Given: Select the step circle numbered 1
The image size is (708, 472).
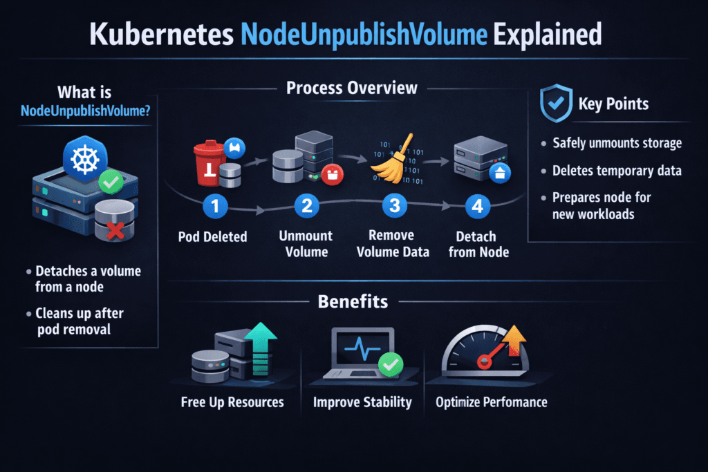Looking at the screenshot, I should pyautogui.click(x=214, y=206).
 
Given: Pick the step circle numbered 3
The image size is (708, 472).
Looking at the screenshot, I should pyautogui.click(x=393, y=206).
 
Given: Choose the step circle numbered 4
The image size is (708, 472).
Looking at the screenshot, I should pyautogui.click(x=478, y=206).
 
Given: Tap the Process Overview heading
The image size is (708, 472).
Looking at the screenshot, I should pyautogui.click(x=352, y=88).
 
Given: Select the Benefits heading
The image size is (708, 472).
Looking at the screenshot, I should pyautogui.click(x=353, y=301).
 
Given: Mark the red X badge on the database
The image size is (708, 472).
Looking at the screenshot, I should pyautogui.click(x=115, y=230).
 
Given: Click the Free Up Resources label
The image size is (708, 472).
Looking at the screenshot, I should pyautogui.click(x=232, y=402).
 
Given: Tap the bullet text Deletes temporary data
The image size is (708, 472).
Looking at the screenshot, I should pyautogui.click(x=613, y=170).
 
